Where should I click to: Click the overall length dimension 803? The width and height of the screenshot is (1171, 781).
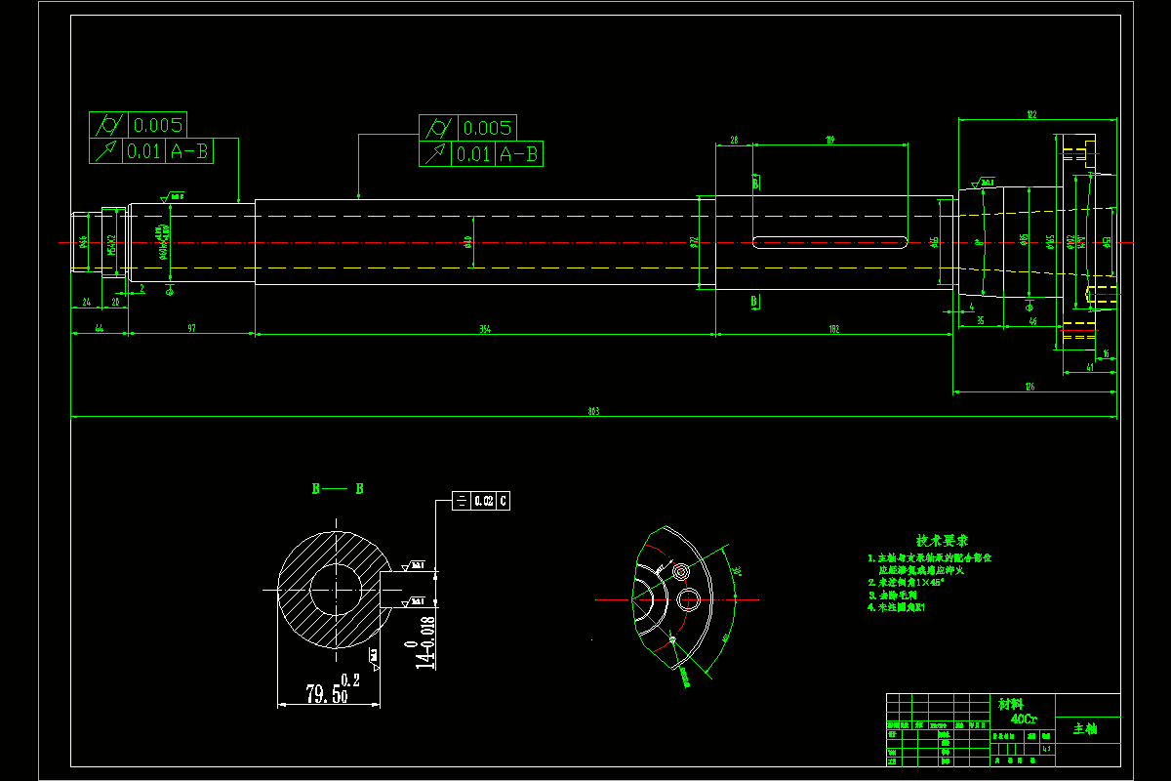pos(593,412)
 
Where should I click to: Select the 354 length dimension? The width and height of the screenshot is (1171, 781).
pos(485,329)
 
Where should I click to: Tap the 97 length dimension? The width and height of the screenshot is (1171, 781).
pos(192,329)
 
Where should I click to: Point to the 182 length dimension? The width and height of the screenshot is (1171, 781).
pos(834,329)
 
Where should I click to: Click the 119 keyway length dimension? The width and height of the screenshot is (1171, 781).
pos(830,141)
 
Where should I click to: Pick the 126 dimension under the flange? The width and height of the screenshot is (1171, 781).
pos(1029,388)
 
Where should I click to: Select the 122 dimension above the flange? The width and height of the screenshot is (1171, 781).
pos(1030,115)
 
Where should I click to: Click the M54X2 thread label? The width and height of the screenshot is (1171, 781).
pos(111,243)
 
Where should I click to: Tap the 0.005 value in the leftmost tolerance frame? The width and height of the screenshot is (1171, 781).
pos(157,125)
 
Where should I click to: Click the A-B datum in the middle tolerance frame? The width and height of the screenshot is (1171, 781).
pos(518,154)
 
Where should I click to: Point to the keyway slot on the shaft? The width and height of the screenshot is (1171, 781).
pos(830,241)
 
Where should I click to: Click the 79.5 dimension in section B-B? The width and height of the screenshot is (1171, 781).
pos(321,694)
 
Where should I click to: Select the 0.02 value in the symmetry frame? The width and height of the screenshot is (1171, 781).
pos(483,501)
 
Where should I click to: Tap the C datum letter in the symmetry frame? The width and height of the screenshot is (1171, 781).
pos(503,501)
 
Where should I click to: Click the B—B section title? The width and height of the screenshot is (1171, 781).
pos(338,488)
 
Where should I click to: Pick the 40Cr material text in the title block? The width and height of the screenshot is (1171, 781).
pos(1024,719)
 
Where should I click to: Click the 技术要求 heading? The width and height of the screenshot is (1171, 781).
pos(942,540)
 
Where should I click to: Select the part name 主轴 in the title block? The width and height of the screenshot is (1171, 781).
pos(1085,728)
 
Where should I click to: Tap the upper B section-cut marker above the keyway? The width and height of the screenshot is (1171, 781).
pos(755,182)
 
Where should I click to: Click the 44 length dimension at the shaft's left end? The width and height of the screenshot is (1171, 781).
pos(100,329)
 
